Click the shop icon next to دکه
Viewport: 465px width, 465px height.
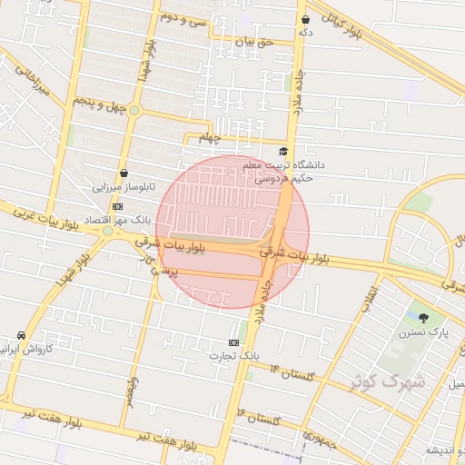(305, 19)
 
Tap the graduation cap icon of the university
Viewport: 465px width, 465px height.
(283, 152)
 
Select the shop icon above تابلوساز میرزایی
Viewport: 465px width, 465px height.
(124, 173)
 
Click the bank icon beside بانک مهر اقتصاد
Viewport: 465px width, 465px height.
(116, 206)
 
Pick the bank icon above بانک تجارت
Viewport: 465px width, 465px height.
(234, 342)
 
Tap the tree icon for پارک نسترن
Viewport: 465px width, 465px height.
(424, 317)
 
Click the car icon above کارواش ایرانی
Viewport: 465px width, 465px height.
(21, 335)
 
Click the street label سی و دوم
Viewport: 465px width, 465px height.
(183, 17)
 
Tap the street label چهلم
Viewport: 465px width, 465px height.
(210, 138)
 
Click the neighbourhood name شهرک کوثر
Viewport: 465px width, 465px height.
(398, 381)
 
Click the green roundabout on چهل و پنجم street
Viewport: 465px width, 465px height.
(134, 111)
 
